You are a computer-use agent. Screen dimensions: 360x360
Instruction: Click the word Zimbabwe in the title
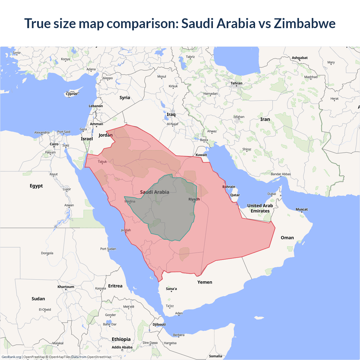tap(305, 23)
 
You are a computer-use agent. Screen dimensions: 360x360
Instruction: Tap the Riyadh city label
tap(194, 199)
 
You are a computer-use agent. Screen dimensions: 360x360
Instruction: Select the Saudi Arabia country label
tap(155, 192)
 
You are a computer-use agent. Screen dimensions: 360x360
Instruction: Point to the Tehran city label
tap(236, 83)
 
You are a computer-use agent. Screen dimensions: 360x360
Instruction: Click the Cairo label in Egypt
tap(54, 144)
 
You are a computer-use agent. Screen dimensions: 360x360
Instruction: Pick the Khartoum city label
tap(66, 287)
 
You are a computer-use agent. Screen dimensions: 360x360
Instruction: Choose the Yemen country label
tap(205, 282)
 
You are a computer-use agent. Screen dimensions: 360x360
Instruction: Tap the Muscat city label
tap(301, 209)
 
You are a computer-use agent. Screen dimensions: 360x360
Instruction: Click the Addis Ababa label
tap(122, 347)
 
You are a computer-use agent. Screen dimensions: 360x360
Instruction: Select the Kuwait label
tap(201, 155)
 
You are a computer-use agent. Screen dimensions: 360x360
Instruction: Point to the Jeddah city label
tap(126, 230)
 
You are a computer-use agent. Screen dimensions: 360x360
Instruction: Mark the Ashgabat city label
tap(300, 58)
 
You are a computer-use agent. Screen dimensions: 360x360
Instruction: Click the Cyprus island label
tap(71, 94)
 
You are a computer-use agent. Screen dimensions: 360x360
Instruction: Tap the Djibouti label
tap(159, 324)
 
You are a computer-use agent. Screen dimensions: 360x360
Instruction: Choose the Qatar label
tap(235, 195)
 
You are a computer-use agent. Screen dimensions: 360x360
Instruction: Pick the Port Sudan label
tap(108, 249)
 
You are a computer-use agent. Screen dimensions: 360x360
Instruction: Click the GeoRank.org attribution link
tap(11, 357)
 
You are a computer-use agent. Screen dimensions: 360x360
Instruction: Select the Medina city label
tap(130, 201)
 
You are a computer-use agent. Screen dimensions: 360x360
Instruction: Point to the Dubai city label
tap(272, 194)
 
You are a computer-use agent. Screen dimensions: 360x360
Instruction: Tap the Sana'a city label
tap(171, 289)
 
